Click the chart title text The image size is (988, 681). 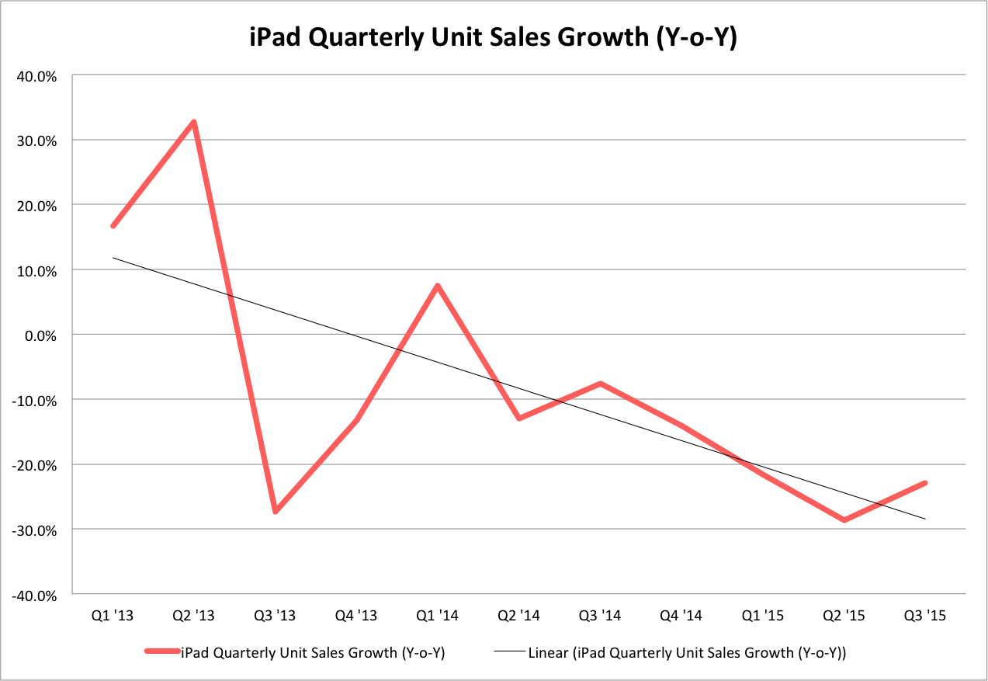493,38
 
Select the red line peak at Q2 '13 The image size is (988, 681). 194,122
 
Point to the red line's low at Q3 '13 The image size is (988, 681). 275,512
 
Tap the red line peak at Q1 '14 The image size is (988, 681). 438,286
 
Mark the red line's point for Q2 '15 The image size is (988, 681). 844,519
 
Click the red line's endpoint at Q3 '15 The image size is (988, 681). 925,483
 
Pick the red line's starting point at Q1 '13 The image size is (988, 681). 113,226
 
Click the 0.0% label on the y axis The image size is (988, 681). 42,335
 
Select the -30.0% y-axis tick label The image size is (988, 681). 36,530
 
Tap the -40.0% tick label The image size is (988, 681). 36,596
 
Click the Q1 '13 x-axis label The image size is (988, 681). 113,616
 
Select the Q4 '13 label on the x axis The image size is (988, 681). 356,616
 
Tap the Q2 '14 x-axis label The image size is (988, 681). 518,616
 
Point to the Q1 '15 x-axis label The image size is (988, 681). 762,616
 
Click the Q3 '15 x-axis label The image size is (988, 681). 925,616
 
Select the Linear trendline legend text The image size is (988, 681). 686,653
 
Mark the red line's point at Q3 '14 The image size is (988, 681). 600,384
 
